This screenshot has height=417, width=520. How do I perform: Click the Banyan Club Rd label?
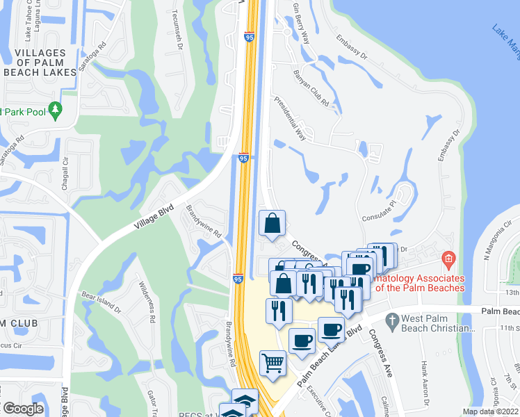[x=311, y=87]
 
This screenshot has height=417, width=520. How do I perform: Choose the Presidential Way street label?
[x=290, y=118]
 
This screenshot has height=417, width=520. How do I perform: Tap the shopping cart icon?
[x=273, y=362]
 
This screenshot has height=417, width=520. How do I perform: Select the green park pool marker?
[x=56, y=109]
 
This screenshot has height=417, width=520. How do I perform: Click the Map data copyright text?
[x=490, y=411]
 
